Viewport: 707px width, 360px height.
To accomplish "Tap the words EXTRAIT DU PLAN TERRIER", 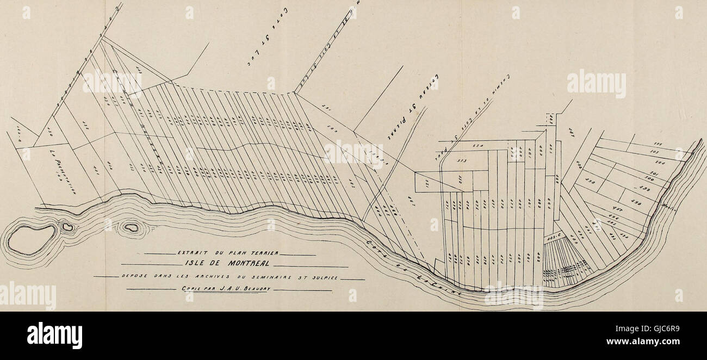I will [x=228, y=253].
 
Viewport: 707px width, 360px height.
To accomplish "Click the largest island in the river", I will [x=32, y=239].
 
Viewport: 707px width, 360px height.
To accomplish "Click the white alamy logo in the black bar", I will [x=54, y=335].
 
